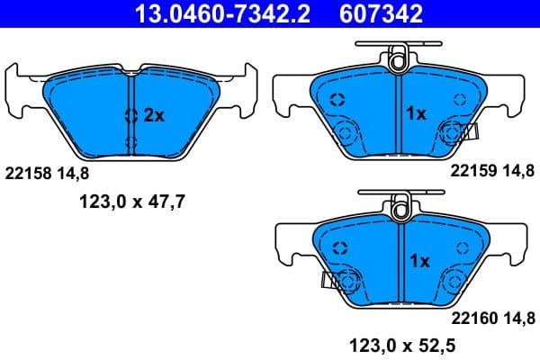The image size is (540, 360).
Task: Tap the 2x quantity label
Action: pyautogui.click(x=155, y=115)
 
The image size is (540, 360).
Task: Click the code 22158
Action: pyautogui.click(x=28, y=170)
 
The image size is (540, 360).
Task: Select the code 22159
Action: pyautogui.click(x=471, y=170)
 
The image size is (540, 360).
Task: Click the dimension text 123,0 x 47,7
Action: pyautogui.click(x=129, y=202)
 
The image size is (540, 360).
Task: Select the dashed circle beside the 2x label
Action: pyautogui.click(x=131, y=114)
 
